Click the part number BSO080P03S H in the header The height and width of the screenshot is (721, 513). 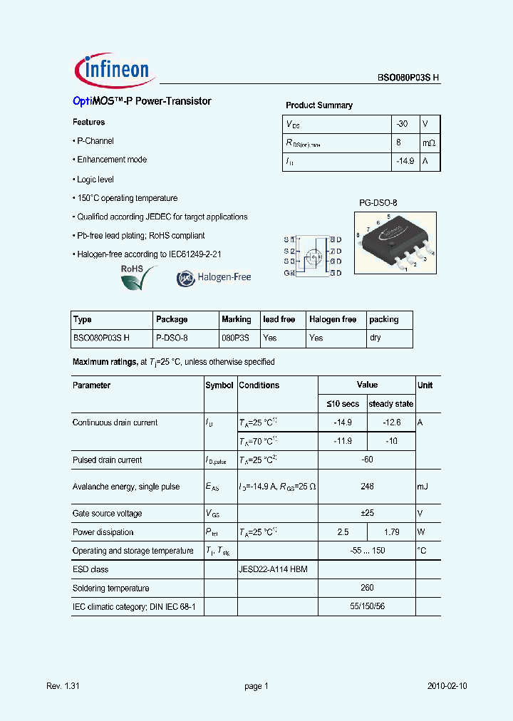[408, 80]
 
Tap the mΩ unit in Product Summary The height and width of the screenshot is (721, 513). [429, 143]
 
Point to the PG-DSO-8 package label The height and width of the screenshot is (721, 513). [378, 203]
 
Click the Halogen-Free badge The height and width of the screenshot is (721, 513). [214, 278]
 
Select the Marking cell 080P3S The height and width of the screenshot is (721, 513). [235, 338]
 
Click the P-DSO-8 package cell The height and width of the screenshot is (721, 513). [172, 338]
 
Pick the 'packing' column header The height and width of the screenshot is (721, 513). [384, 319]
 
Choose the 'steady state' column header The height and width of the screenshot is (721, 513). [390, 404]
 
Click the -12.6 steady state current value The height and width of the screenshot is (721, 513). [391, 422]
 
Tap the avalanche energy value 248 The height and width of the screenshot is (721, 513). [367, 487]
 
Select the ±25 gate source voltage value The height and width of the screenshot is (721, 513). [367, 513]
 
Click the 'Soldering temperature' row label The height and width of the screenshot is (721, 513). [111, 588]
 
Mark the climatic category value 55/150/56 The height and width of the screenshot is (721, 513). [367, 606]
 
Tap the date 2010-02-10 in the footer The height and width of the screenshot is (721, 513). [447, 686]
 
